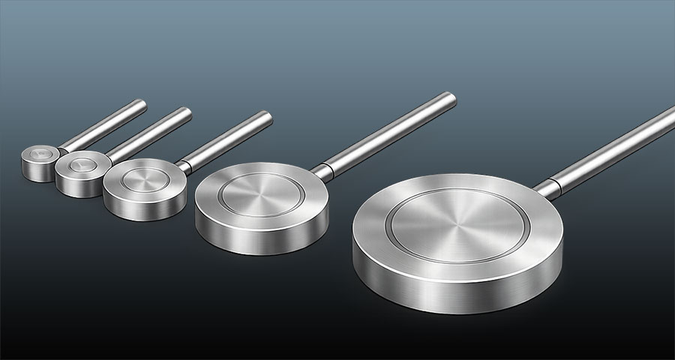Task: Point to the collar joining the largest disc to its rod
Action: click(x=549, y=187)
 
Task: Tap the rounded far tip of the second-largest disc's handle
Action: click(x=449, y=97)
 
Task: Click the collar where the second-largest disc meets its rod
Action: click(x=321, y=171)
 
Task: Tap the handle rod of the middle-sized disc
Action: click(x=225, y=138)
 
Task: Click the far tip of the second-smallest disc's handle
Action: click(x=187, y=112)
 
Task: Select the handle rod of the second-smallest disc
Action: click(x=150, y=133)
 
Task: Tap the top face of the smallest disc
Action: click(x=39, y=155)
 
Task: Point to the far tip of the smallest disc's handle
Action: click(x=142, y=103)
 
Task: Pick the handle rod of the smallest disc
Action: click(x=101, y=124)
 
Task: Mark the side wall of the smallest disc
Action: click(x=37, y=172)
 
